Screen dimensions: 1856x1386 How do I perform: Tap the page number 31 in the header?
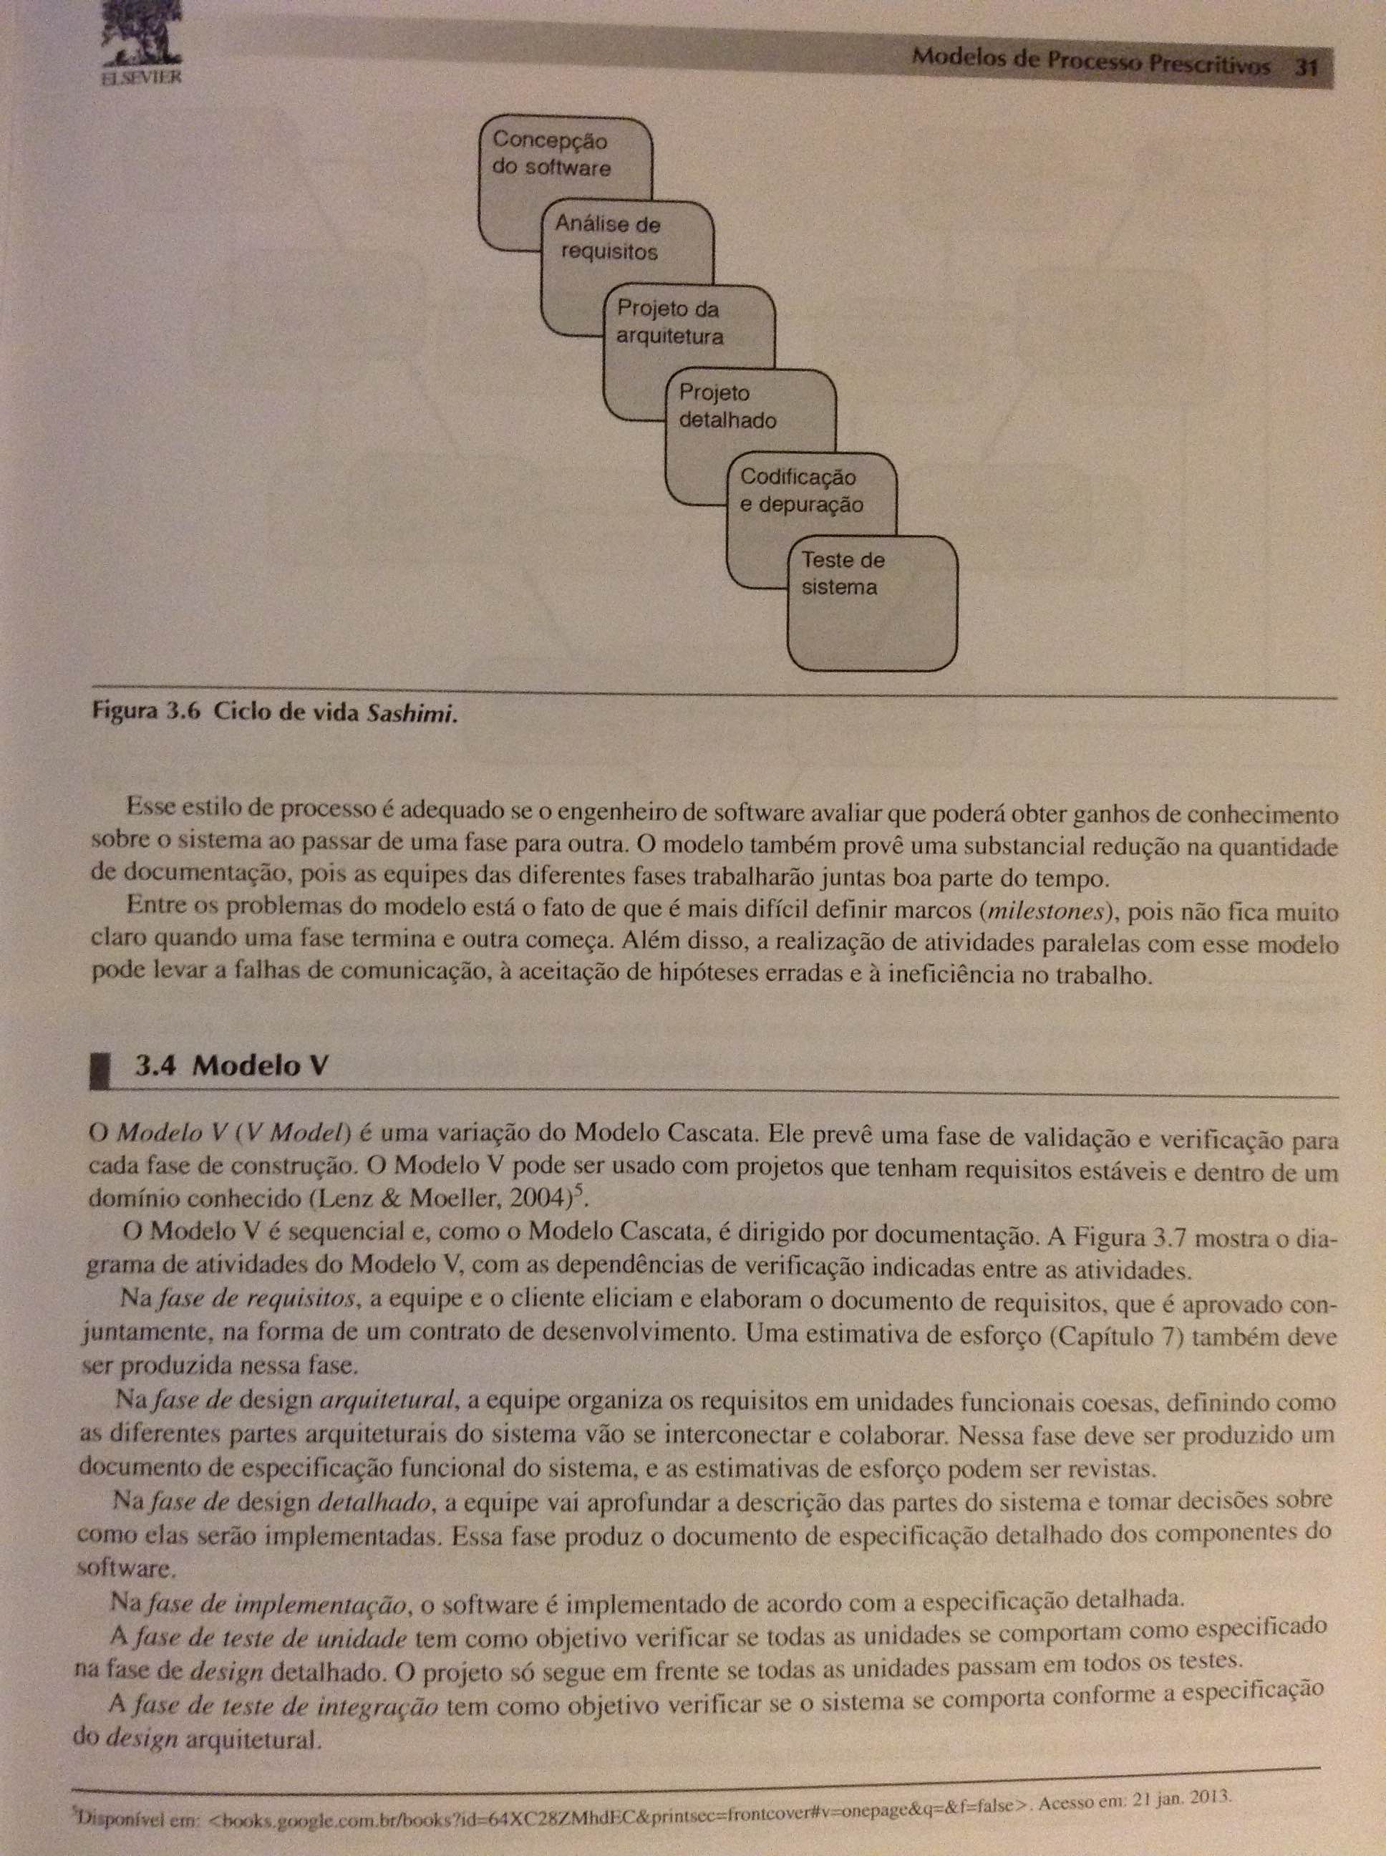[1303, 67]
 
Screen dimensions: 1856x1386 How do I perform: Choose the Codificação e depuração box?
[801, 490]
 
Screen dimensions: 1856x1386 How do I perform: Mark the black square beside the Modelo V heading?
[101, 1069]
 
